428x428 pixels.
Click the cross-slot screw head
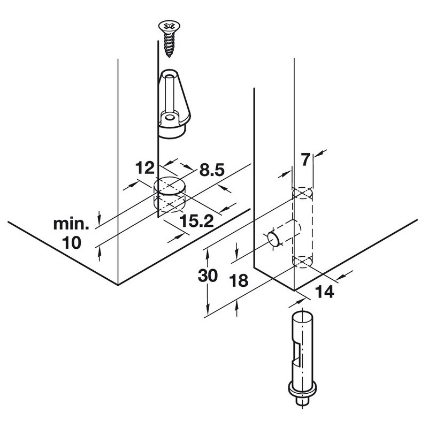coord(169,26)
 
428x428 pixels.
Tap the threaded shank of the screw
coord(169,45)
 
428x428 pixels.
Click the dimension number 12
coord(145,168)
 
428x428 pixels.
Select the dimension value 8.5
coord(212,170)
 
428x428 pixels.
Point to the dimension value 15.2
coord(196,221)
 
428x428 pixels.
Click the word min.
coord(71,224)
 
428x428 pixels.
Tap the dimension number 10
coord(72,243)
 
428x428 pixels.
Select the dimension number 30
coord(208,276)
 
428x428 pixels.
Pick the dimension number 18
coord(239,280)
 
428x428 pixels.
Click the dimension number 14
coord(325,292)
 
